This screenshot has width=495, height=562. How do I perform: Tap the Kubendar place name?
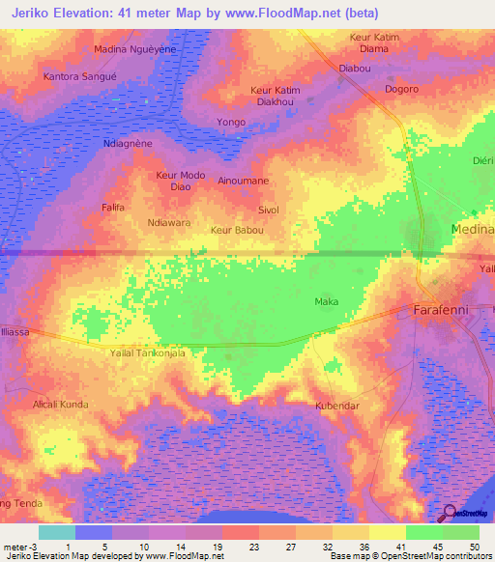click(x=337, y=406)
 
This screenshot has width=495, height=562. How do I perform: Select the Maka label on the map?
click(x=326, y=302)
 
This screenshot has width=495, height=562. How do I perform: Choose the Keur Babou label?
click(x=237, y=231)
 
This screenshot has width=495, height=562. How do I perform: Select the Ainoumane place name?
click(x=244, y=181)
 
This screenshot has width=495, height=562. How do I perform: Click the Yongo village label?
click(x=231, y=123)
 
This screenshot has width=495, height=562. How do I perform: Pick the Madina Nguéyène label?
click(x=134, y=48)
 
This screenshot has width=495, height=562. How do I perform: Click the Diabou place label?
click(x=355, y=69)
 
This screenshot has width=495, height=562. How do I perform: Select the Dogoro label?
click(x=401, y=89)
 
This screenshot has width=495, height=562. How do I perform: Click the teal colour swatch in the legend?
click(x=56, y=532)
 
